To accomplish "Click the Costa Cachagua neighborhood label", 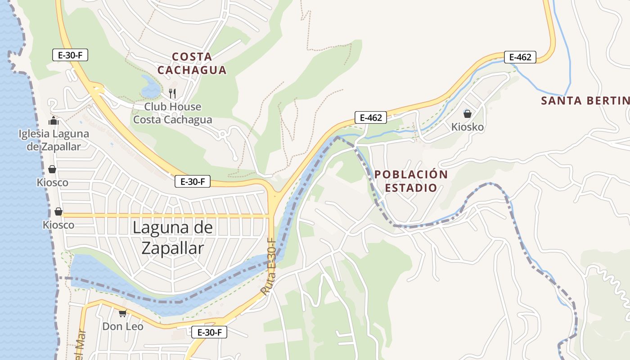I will tap(192, 63).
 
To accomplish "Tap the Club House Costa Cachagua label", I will tap(173, 113).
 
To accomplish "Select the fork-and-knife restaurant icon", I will tap(172, 94).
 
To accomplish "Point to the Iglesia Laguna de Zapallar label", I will tap(54, 140).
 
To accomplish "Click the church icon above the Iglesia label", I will tap(54, 121).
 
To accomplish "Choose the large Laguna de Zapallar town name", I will tap(173, 238).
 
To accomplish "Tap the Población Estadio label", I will tap(411, 181).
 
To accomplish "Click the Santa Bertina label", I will tap(585, 100).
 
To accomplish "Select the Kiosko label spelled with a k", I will tap(468, 127).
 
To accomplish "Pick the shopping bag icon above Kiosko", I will tap(468, 114).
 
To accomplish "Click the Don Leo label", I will tap(123, 326).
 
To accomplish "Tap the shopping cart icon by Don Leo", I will tap(122, 313).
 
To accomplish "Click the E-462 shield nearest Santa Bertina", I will tap(520, 57).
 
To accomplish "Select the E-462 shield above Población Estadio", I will tap(371, 118).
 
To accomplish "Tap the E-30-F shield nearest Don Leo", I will tap(209, 333).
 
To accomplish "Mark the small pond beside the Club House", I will tap(151, 87).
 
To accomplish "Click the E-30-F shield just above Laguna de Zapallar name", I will tap(193, 182).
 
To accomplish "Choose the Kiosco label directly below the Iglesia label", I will tap(53, 183).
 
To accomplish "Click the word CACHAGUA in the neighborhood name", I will tap(192, 70).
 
